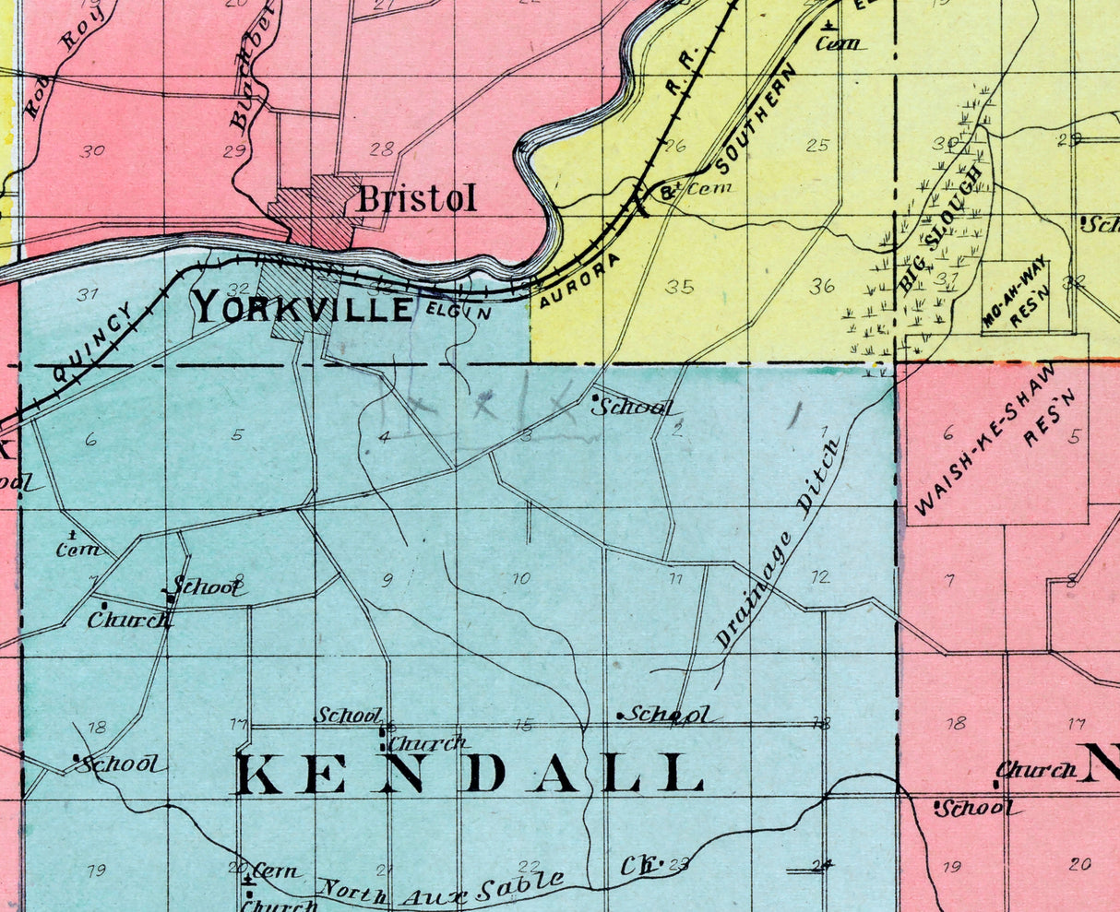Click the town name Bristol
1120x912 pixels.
coord(417,198)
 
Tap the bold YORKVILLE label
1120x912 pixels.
coord(303,308)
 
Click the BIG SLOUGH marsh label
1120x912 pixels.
coord(942,231)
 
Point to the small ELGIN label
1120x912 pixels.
coord(459,312)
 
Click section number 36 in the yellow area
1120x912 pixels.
coord(822,287)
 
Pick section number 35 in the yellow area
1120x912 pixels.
coord(679,287)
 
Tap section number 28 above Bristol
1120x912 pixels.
coord(382,149)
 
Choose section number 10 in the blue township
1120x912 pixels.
coord(521,578)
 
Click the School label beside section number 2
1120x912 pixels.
coord(634,407)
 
